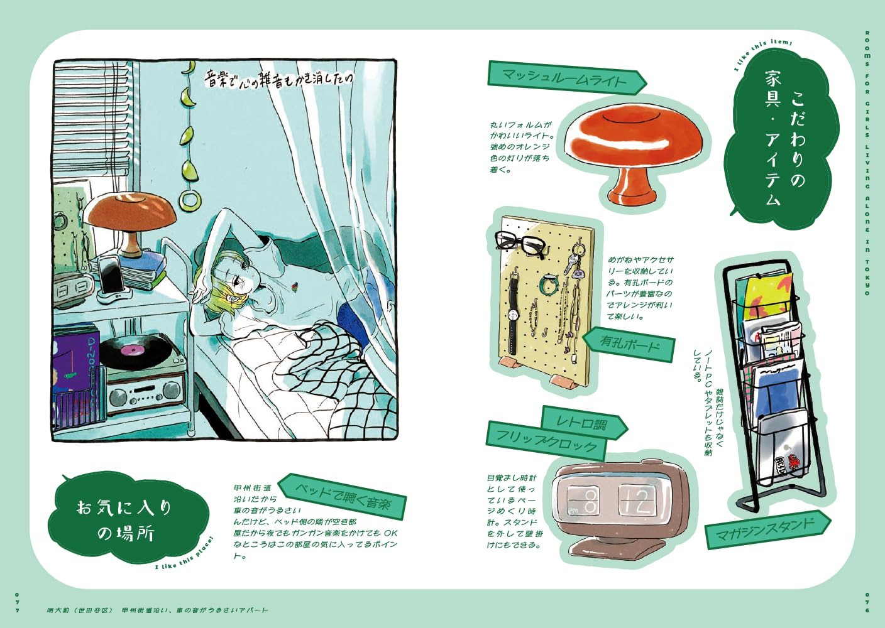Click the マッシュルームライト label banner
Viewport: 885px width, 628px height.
[566, 78]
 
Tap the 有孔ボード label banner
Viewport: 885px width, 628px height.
[629, 344]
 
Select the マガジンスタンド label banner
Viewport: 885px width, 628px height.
[767, 529]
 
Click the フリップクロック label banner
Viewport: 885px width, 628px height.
[546, 440]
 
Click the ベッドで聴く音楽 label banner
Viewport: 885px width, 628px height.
[343, 495]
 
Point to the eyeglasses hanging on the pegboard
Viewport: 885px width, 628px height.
[519, 242]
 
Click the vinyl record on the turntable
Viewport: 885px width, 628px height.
[133, 351]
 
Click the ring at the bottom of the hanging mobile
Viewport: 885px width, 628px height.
[187, 200]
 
